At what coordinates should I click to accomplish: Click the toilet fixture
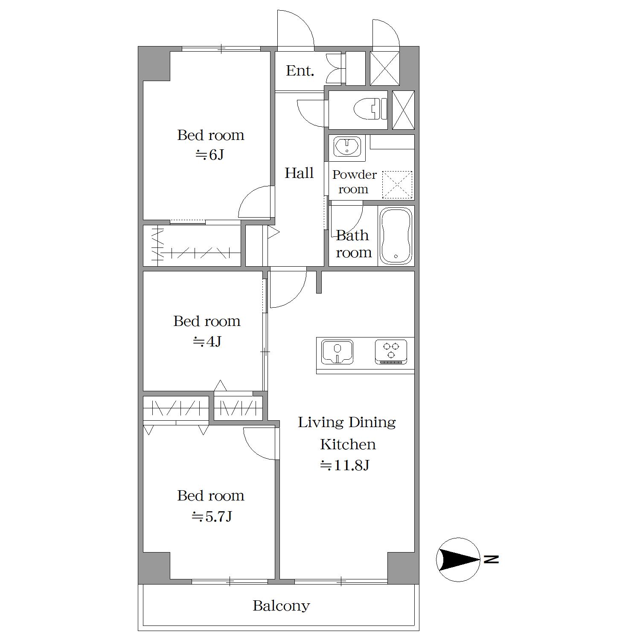point(370,109)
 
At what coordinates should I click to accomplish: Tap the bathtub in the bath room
point(396,236)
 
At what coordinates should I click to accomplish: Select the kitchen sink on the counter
point(337,352)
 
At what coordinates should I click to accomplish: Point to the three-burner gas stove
point(391,352)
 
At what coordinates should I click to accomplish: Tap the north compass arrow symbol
point(458,559)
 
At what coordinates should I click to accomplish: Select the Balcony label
point(281,605)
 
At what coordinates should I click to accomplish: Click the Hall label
point(299,173)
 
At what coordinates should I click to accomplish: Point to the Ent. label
point(300,70)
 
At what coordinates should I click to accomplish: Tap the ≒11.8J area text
point(345,465)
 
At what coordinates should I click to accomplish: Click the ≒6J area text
point(209,154)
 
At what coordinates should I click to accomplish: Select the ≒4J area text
point(207,341)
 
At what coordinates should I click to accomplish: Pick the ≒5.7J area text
point(212,517)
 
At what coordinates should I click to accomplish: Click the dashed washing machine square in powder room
point(397,185)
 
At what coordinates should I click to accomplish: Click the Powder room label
point(354,182)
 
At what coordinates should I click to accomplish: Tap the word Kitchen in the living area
point(348,444)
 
